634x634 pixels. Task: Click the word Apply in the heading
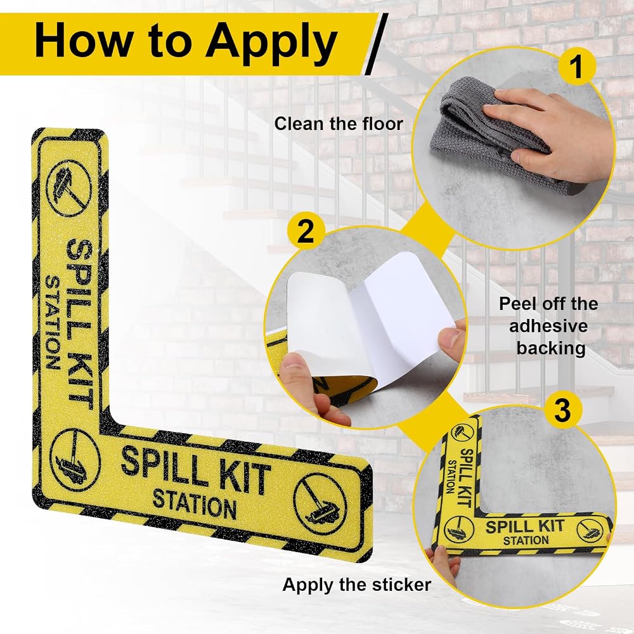271,44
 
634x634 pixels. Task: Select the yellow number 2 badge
306,231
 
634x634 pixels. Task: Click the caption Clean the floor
339,124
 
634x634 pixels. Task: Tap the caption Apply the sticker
356,585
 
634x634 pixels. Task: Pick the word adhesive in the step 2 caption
548,326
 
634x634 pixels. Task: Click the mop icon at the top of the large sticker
68,188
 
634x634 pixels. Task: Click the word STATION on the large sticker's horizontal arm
195,503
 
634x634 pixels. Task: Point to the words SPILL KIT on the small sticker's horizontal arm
525,527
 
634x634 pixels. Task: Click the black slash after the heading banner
377,44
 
